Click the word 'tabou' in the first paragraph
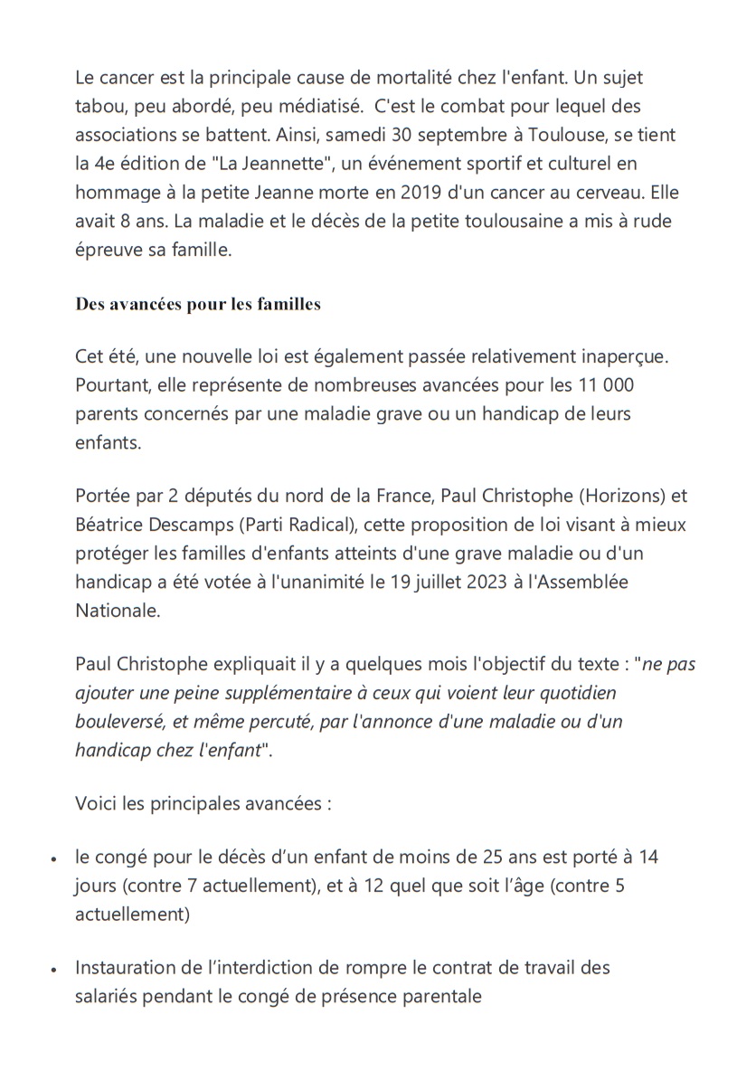pyautogui.click(x=99, y=107)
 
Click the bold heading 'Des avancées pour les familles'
pyautogui.click(x=198, y=304)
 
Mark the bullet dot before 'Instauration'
pyautogui.click(x=56, y=970)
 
